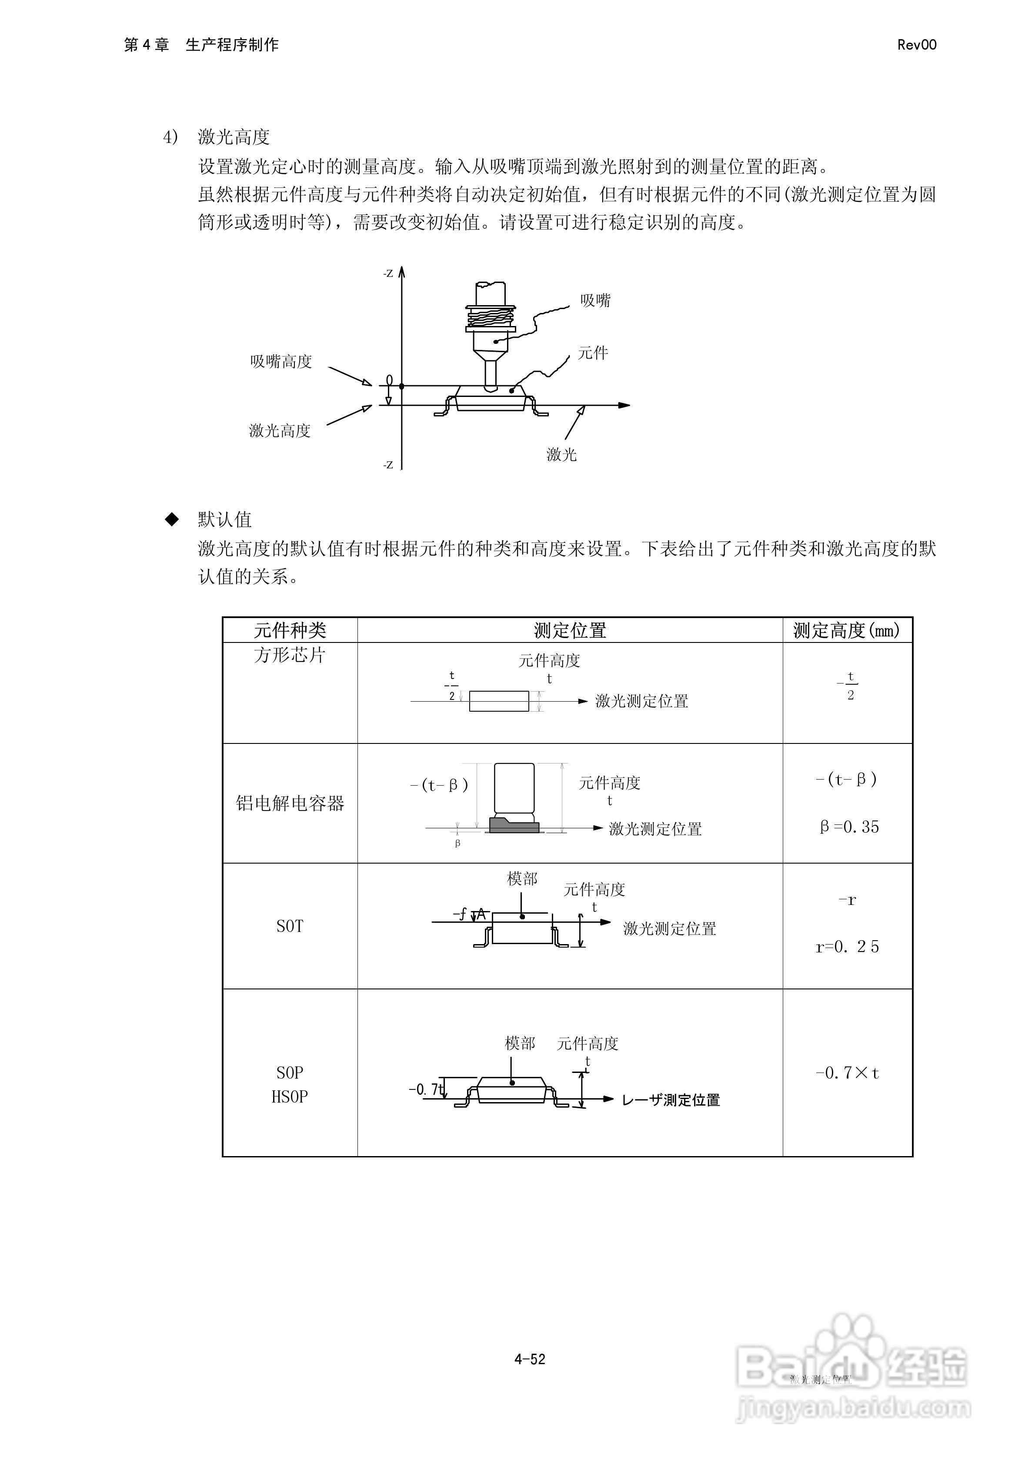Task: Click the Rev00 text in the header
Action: pyautogui.click(x=916, y=45)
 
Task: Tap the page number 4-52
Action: pyautogui.click(x=530, y=1359)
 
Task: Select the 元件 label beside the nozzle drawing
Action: pyautogui.click(x=593, y=353)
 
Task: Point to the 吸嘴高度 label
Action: pyautogui.click(x=281, y=361)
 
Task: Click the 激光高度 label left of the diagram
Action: pyautogui.click(x=280, y=430)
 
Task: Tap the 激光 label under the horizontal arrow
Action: pyautogui.click(x=561, y=454)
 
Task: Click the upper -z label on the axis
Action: pyautogui.click(x=388, y=273)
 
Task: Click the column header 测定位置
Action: pyautogui.click(x=570, y=630)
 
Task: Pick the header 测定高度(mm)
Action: pyautogui.click(x=847, y=630)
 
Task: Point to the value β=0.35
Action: pyautogui.click(x=849, y=827)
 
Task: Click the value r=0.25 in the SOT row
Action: pyautogui.click(x=848, y=946)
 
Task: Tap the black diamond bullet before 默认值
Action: pyautogui.click(x=172, y=519)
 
